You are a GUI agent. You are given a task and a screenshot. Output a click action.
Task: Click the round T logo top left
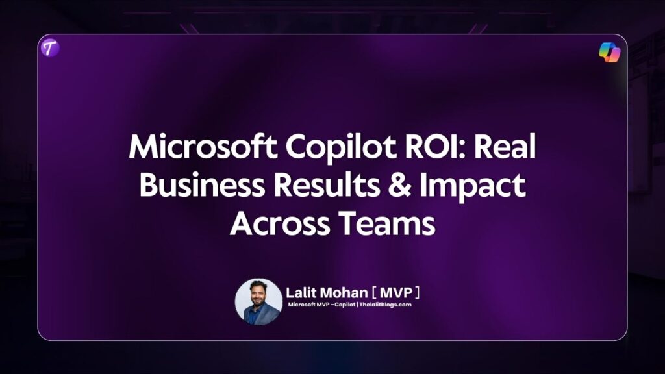point(49,48)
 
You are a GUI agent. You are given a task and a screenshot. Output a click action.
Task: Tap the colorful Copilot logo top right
point(609,52)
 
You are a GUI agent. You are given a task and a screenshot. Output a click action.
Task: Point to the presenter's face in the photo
point(259,293)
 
